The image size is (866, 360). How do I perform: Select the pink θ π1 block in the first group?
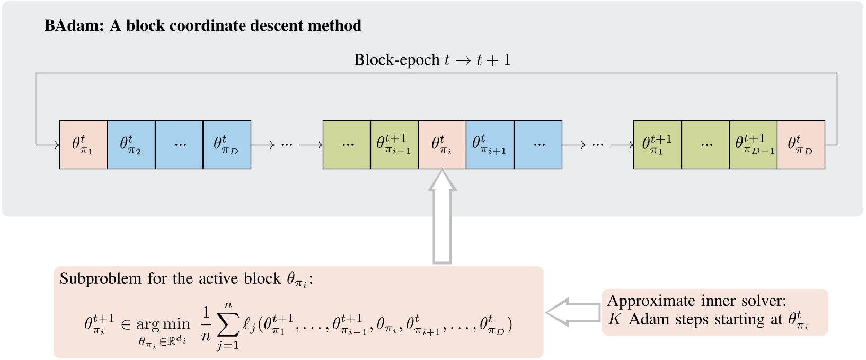tap(83, 145)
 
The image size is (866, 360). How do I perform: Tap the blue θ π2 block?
tap(131, 145)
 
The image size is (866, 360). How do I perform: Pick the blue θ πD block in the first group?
tap(227, 145)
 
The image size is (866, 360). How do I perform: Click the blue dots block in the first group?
tap(179, 145)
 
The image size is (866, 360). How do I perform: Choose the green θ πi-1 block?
tap(394, 145)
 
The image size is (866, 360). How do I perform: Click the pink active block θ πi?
tap(442, 145)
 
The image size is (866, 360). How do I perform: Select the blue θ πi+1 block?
tap(490, 145)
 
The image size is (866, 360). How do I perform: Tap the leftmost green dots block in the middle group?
tap(347, 145)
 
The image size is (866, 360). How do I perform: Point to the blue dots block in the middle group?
tap(538, 145)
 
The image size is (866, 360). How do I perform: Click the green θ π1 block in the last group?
tap(657, 145)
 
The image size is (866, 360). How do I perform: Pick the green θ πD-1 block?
tap(753, 145)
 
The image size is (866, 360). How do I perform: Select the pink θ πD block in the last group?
tap(801, 145)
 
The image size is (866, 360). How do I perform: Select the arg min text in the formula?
tap(163, 324)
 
